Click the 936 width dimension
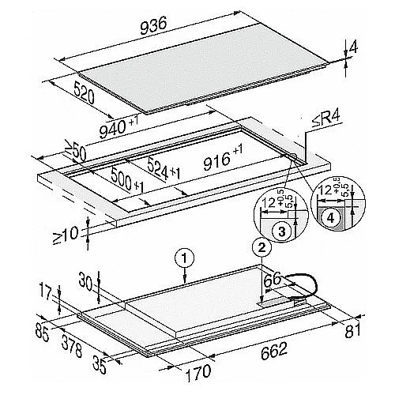(153, 25)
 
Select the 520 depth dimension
(84, 92)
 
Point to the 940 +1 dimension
(118, 127)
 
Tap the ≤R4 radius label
(326, 119)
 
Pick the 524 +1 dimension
(164, 168)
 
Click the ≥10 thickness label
(66, 235)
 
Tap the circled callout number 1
(185, 258)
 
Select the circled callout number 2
(261, 247)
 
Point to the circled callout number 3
(281, 232)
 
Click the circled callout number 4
(330, 218)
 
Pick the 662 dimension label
(274, 351)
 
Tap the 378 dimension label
(72, 346)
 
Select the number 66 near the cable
(273, 280)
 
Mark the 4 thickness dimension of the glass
(353, 47)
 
